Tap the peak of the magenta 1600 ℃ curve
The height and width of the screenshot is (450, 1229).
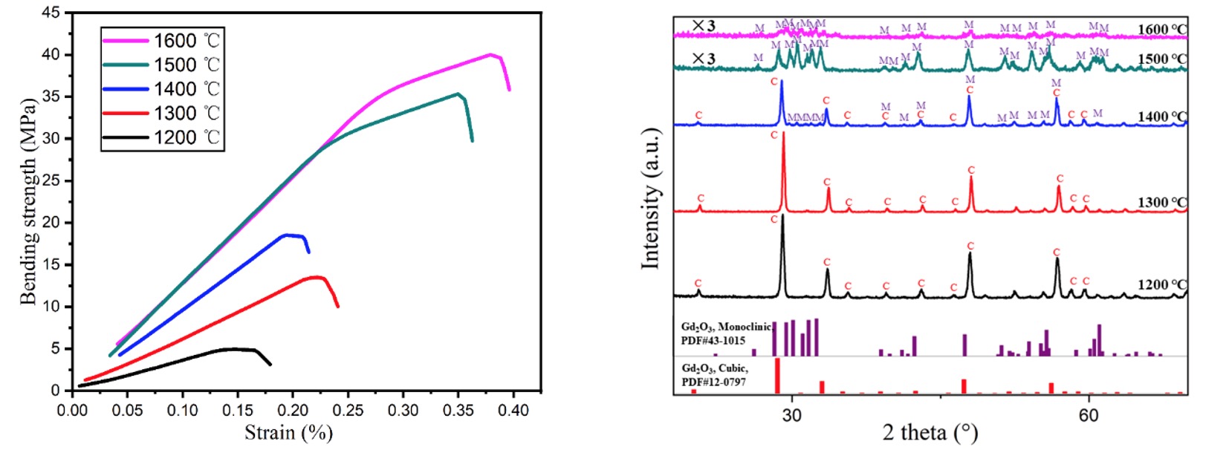(490, 54)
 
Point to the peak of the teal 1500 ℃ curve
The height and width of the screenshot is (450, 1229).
(458, 94)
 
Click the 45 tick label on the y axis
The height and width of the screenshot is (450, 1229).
(51, 13)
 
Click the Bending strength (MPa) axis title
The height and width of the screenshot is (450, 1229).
(28, 200)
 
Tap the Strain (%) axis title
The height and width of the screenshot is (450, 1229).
(288, 433)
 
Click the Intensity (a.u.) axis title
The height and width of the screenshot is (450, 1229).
(650, 199)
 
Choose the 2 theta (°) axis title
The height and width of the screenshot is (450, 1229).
(930, 433)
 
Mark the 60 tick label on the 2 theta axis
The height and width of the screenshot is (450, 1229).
(1088, 414)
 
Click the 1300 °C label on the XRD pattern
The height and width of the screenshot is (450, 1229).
(1162, 202)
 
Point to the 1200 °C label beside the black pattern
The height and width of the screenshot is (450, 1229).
(1162, 284)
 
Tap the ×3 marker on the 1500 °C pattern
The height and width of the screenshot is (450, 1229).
(703, 59)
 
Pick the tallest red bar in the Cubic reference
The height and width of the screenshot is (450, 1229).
(777, 376)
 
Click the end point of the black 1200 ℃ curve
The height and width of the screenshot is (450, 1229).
(270, 365)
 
